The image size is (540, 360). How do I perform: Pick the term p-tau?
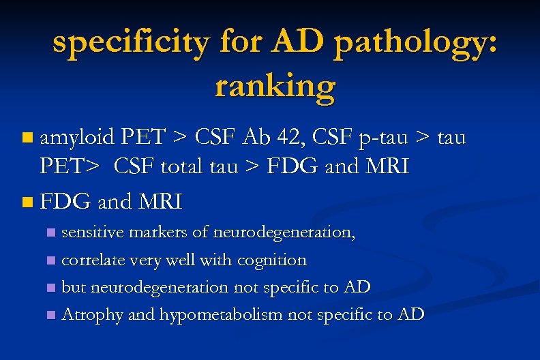coord(388,138)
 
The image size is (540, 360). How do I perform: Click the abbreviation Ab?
coord(254,138)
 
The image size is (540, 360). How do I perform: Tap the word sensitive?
coord(91,232)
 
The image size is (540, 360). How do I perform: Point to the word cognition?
coord(272,260)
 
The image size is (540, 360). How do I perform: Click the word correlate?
coord(93,260)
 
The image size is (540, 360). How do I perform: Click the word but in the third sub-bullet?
coord(72,287)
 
